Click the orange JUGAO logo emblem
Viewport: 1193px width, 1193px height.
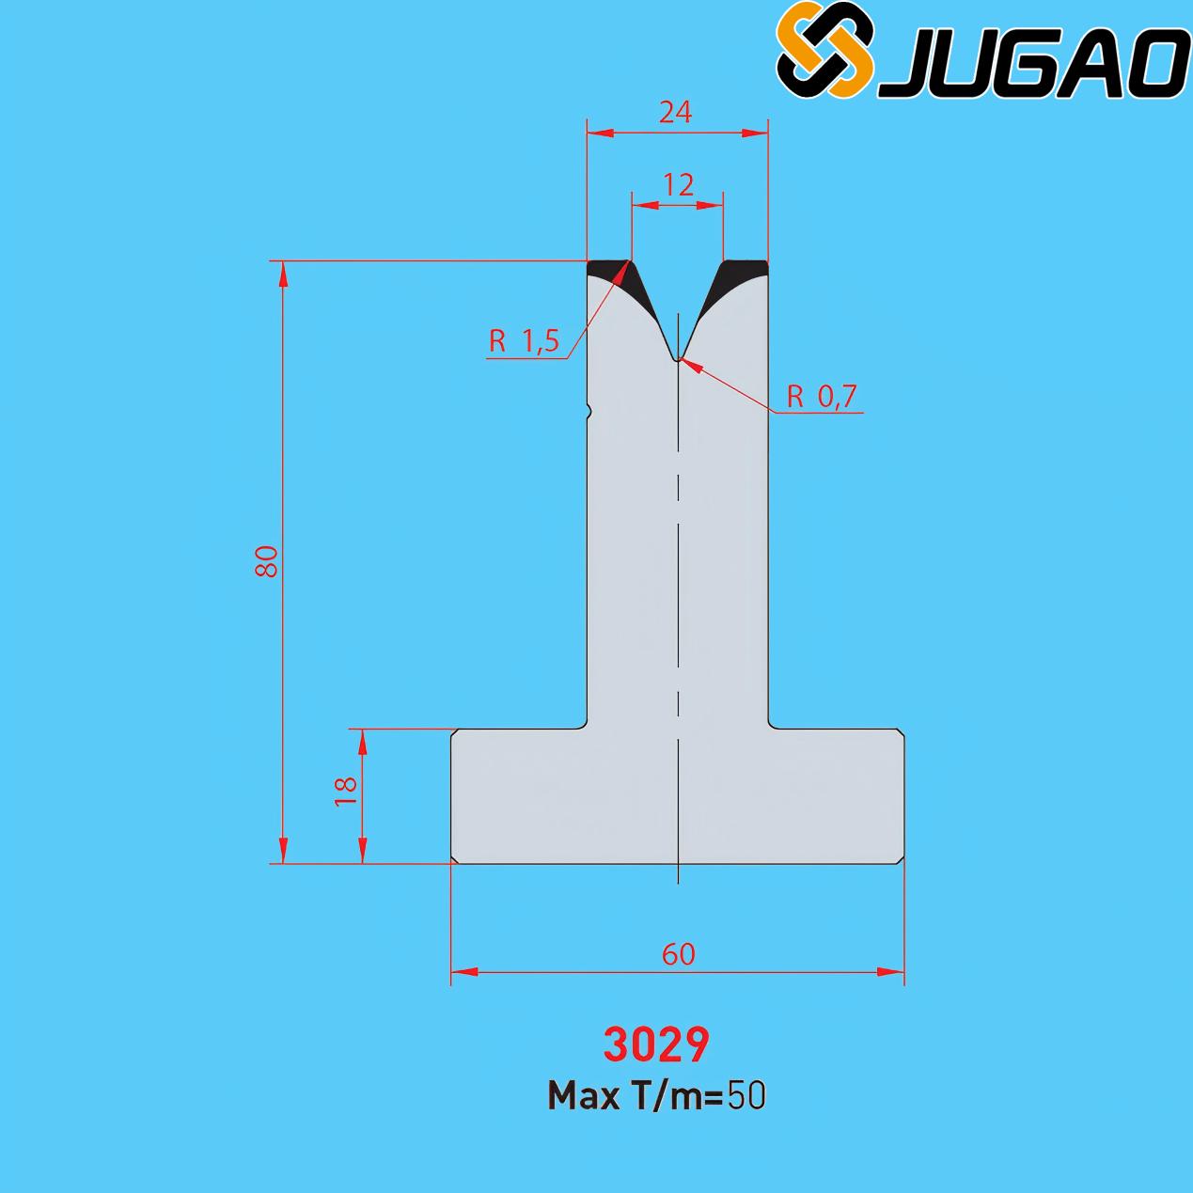pyautogui.click(x=826, y=50)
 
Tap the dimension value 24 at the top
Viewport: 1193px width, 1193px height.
pyautogui.click(x=675, y=112)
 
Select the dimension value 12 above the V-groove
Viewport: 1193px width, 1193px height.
pyautogui.click(x=678, y=185)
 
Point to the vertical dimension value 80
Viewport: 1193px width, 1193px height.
pyautogui.click(x=267, y=561)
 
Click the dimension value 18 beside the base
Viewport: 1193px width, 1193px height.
pyautogui.click(x=346, y=791)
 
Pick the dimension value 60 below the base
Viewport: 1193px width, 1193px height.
pyautogui.click(x=679, y=954)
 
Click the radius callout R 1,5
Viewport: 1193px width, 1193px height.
pyautogui.click(x=524, y=341)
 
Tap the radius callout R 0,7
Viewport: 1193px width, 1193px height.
pyautogui.click(x=822, y=396)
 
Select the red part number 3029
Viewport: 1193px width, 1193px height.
pyautogui.click(x=656, y=1045)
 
